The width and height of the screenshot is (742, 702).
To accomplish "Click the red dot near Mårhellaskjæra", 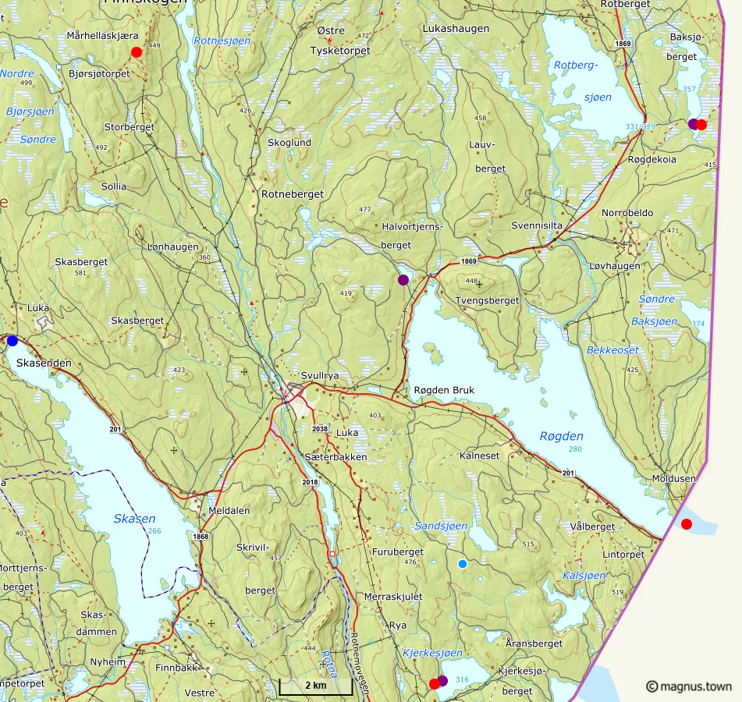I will click(137, 52).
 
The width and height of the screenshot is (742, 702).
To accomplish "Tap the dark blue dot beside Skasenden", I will click(12, 340).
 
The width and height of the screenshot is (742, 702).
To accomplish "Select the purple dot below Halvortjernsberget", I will click(403, 279).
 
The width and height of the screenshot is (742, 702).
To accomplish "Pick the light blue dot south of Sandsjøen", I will click(463, 564).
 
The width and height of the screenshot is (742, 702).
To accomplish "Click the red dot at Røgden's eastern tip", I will click(687, 523).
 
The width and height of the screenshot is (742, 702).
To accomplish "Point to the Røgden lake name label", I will click(561, 436).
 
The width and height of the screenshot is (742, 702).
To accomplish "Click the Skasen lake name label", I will click(134, 518).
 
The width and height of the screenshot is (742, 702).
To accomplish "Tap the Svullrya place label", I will click(320, 375).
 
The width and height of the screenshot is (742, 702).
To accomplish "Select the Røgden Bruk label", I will click(444, 391).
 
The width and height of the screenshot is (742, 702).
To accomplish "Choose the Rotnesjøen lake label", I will click(222, 41).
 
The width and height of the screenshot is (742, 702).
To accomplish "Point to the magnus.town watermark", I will click(689, 686).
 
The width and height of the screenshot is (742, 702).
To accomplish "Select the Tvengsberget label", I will click(487, 300).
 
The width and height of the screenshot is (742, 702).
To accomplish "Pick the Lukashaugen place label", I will click(456, 29).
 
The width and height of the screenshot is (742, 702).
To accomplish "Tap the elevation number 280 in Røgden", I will click(575, 449).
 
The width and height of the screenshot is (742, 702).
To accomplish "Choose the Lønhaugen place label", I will click(173, 246).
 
